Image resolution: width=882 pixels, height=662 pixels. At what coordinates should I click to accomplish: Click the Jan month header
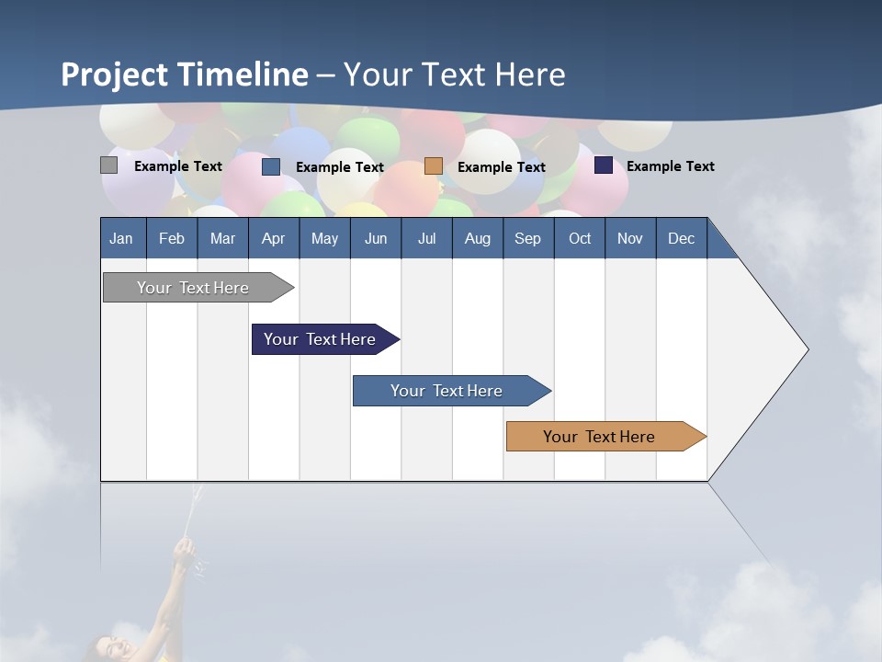point(122,238)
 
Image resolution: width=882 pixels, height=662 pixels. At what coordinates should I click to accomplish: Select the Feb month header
point(172,238)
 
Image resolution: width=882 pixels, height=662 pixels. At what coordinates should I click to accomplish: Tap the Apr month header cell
point(274,238)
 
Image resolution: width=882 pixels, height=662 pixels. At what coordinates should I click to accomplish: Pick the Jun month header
point(376,238)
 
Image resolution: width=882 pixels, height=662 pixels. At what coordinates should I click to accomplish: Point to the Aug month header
point(478,238)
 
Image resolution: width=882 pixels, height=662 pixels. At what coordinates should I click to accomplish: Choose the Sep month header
point(528,238)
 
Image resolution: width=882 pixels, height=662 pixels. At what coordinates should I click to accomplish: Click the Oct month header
point(580,238)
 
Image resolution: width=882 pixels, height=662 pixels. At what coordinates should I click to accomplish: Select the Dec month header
point(682,238)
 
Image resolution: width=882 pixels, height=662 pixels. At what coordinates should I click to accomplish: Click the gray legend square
point(108,165)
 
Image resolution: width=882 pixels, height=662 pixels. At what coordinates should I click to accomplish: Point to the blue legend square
point(271,166)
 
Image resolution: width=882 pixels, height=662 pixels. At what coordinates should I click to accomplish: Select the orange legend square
point(434,166)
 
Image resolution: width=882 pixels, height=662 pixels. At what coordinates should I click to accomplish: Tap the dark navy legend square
point(604,165)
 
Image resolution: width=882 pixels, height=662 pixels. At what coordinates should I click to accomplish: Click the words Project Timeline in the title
point(185,74)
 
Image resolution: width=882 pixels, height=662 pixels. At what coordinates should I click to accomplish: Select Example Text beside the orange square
point(502,167)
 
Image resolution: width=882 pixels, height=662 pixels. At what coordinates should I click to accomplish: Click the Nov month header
point(630,238)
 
